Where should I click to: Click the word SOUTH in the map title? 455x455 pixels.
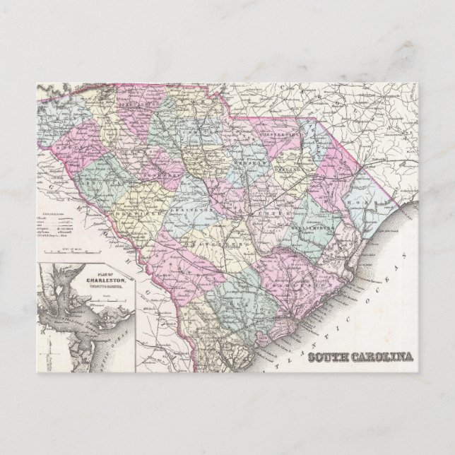pos(330,357)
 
